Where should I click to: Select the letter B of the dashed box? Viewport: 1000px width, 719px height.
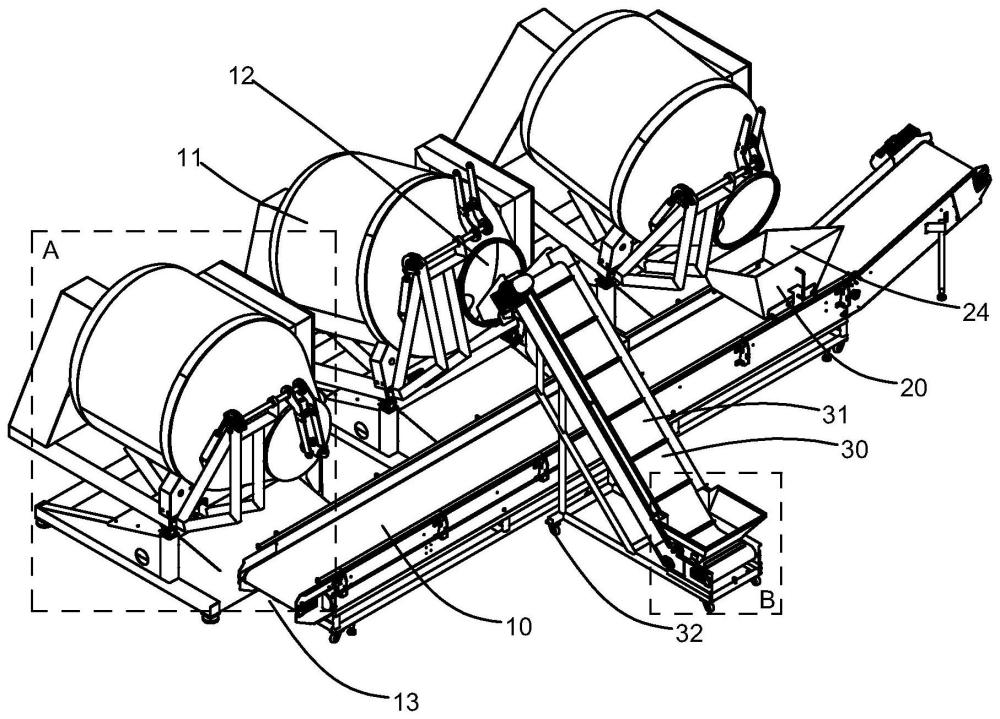click(767, 601)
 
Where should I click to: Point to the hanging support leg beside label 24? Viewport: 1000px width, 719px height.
click(940, 260)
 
